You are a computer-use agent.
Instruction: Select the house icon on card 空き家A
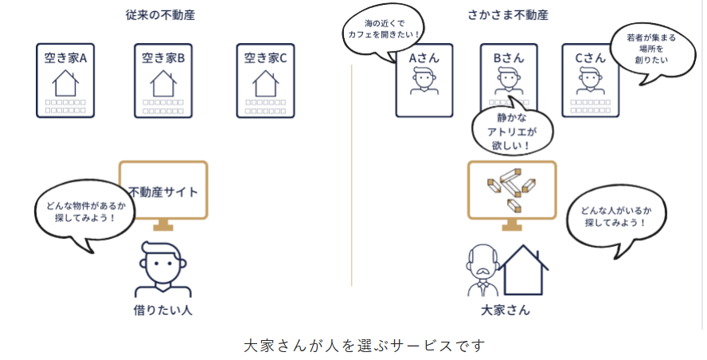(65, 82)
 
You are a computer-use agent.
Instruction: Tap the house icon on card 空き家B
(163, 82)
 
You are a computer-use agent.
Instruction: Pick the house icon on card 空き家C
(265, 82)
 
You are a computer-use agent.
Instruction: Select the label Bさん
(508, 57)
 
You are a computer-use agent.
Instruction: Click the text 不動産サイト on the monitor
(163, 192)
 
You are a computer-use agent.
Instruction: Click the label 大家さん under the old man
(506, 310)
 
